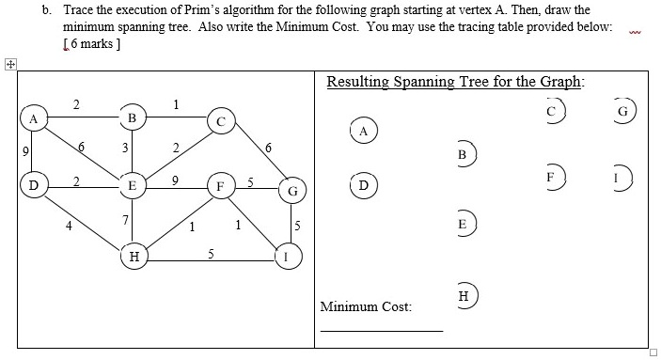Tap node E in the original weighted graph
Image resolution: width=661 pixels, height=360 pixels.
(x=133, y=186)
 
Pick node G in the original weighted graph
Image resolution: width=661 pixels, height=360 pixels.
(x=293, y=192)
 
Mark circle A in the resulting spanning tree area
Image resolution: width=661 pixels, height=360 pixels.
(x=363, y=131)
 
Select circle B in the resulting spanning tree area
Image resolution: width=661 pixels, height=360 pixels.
(x=462, y=153)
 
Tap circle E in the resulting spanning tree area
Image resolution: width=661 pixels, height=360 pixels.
(x=462, y=225)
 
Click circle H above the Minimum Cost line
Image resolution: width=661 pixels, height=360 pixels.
(x=462, y=295)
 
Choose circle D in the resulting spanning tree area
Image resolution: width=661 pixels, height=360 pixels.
(x=363, y=183)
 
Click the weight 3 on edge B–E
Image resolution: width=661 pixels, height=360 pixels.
(x=112, y=147)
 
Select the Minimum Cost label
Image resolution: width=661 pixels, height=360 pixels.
(x=366, y=306)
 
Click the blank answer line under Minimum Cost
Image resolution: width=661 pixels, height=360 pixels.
(x=381, y=330)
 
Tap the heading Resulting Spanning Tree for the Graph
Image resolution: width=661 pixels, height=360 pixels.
(x=455, y=82)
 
